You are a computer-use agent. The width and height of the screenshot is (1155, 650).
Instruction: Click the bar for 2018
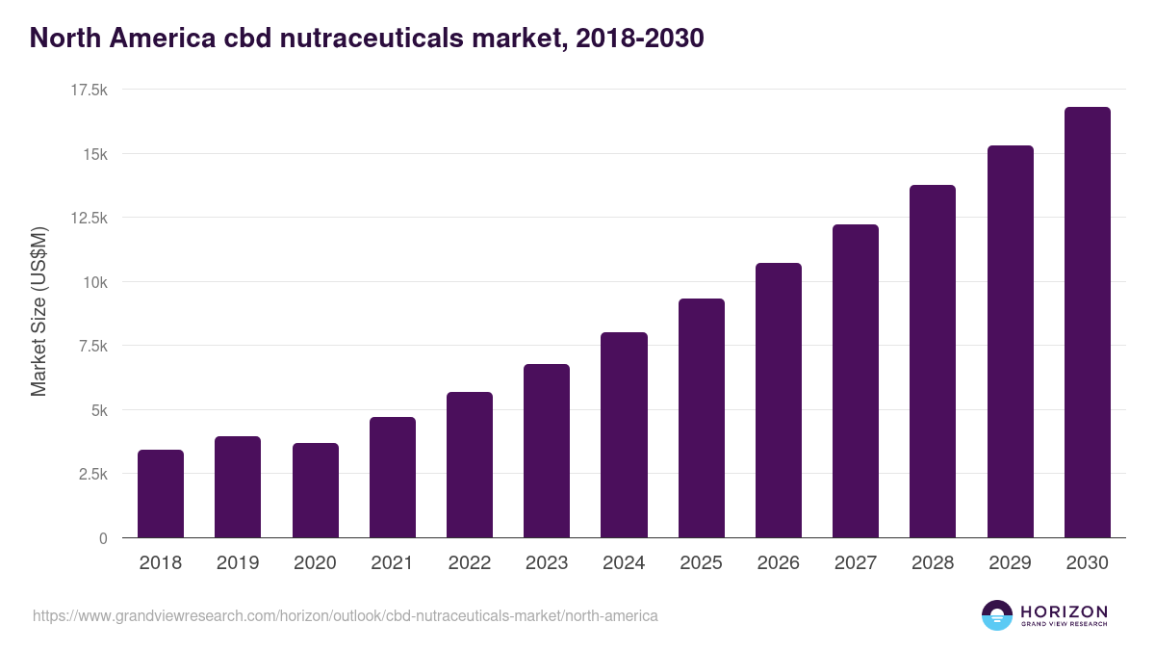(x=161, y=493)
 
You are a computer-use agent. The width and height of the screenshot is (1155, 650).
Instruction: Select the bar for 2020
(x=315, y=490)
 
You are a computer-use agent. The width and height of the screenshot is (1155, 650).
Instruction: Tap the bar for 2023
(x=547, y=451)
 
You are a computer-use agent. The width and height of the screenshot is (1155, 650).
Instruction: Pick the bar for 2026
(x=779, y=400)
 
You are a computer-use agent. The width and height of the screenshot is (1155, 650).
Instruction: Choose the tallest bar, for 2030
(x=1087, y=322)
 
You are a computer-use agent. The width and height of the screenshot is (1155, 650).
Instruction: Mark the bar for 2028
(x=933, y=361)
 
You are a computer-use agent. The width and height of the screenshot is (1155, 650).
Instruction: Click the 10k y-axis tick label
(x=93, y=282)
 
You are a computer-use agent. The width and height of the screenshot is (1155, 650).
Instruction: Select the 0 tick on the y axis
(x=102, y=538)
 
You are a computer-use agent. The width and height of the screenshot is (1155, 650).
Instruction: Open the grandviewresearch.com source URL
(x=346, y=615)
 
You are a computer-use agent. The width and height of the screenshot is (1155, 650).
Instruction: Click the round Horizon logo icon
(x=997, y=615)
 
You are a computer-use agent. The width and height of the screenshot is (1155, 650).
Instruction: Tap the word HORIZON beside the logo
(x=1064, y=611)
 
